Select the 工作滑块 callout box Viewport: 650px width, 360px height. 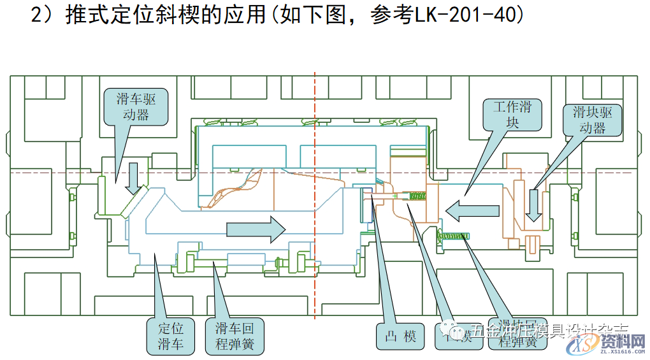tap(513, 115)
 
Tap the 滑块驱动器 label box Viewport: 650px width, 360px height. tap(592, 120)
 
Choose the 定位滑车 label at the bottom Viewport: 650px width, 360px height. tap(171, 336)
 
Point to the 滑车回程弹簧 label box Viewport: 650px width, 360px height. tap(235, 336)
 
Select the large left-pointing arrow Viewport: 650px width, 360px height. tap(472, 210)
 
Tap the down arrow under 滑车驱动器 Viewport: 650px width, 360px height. tap(133, 178)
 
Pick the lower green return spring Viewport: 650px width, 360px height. tap(452, 237)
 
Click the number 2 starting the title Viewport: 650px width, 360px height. tap(36, 15)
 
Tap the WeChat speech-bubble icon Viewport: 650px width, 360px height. tap(458, 331)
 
